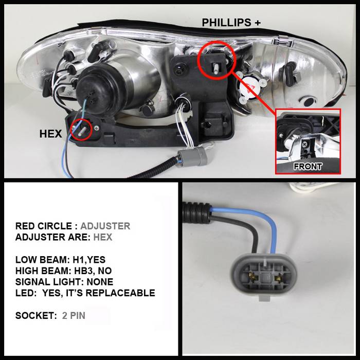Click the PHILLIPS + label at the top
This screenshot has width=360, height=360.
[x=231, y=23]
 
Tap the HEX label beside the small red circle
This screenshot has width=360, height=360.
[x=50, y=134]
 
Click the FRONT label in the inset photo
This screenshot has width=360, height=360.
[x=308, y=166]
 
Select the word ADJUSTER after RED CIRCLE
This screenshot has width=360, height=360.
[x=105, y=226]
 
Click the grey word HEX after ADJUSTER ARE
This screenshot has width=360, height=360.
[x=103, y=237]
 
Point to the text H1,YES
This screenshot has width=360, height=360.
[x=89, y=260]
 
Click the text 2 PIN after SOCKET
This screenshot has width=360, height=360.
[x=74, y=316]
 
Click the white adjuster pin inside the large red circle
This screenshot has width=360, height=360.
[x=217, y=68]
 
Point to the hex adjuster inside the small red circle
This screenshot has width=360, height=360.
[x=82, y=131]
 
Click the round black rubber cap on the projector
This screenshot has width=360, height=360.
[x=97, y=90]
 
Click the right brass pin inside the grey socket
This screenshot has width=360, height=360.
[x=278, y=279]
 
